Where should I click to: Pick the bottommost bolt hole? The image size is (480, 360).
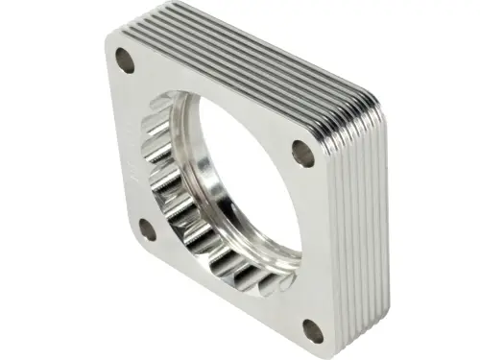(x=312, y=331)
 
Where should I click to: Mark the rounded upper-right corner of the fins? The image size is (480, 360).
(x=370, y=96)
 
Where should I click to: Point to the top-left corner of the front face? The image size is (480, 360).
(x=108, y=40)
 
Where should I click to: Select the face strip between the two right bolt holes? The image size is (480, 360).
(x=312, y=240)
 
